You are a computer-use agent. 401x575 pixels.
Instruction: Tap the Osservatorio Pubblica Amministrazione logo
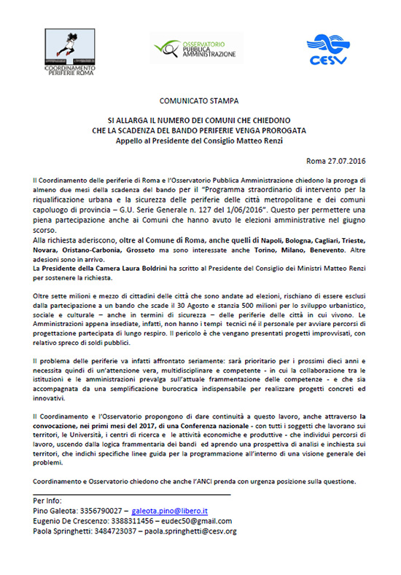click(x=194, y=48)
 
